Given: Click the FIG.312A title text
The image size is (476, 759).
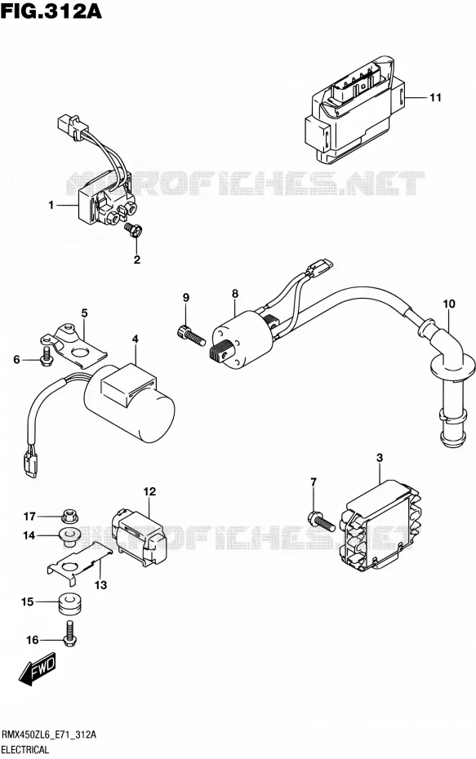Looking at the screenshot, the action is [x=51, y=11].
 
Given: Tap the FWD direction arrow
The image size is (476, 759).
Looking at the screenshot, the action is [x=38, y=672].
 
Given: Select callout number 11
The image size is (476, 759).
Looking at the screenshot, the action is [x=435, y=97].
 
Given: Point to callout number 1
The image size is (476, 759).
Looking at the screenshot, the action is [x=51, y=205].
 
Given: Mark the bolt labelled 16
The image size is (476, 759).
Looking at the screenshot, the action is [x=70, y=634].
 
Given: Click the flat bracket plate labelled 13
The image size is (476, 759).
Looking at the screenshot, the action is [x=78, y=562].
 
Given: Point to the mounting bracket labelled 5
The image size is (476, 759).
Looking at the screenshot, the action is [x=73, y=345].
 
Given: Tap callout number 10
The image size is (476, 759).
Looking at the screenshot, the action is [x=449, y=304].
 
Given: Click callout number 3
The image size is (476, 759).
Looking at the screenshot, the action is [x=380, y=457].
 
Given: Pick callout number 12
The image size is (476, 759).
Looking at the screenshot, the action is [x=149, y=492].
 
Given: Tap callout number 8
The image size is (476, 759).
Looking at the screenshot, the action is [x=235, y=293].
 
